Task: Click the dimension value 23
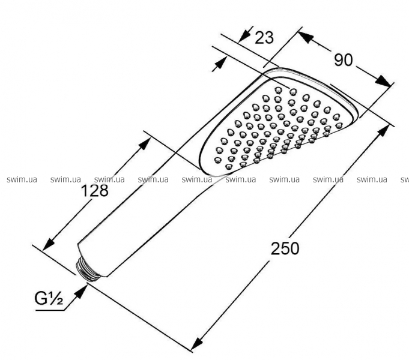click(264, 38)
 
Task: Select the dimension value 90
click(344, 60)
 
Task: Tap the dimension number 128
click(95, 190)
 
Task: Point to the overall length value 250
click(285, 248)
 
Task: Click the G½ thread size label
click(49, 298)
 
